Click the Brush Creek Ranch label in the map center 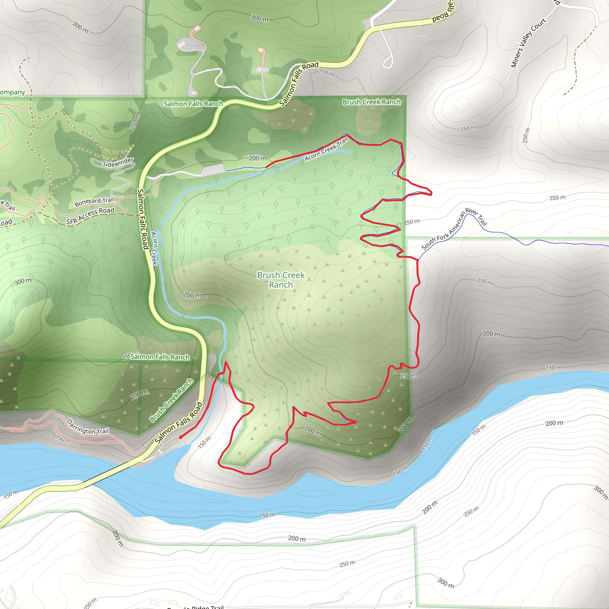pos(280,280)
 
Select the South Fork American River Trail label pos(454,229)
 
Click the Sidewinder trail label pos(117,162)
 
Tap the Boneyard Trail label pos(94,202)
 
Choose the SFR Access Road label pos(90,216)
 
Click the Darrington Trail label pos(88,427)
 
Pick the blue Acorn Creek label pos(154,248)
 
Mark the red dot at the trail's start pos(180,437)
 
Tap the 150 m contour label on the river pos(267,515)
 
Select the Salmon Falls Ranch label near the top pos(193,104)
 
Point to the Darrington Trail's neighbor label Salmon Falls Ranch pos(160,357)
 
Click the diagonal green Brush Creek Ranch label pos(171,400)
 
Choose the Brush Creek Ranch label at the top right pos(371,102)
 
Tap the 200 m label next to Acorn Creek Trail pos(258,158)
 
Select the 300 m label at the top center pos(259,18)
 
